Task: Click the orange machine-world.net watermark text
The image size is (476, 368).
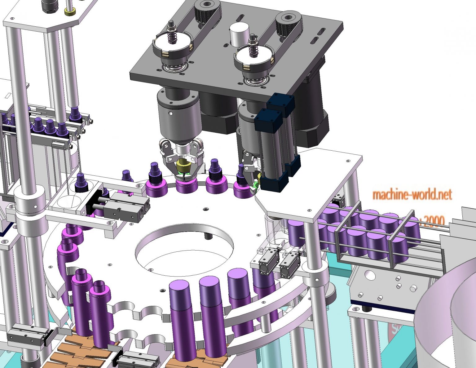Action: coord(412,195)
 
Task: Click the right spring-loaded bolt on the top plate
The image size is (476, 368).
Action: coord(253,46)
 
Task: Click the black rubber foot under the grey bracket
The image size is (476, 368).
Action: coord(366,309)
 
